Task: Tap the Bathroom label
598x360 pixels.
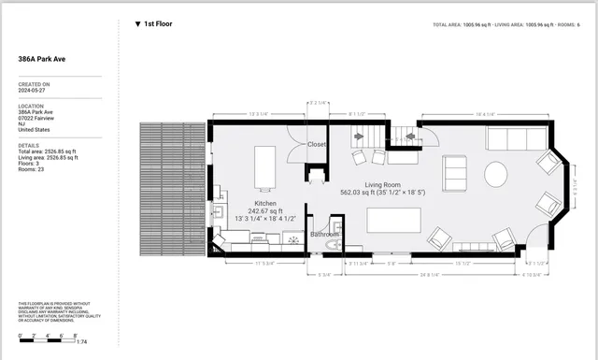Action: [x=325, y=234]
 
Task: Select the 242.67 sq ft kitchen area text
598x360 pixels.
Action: [x=263, y=210]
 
